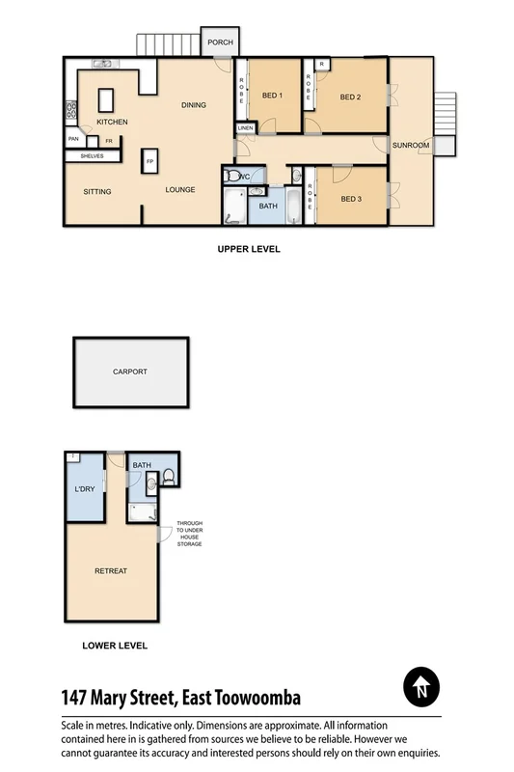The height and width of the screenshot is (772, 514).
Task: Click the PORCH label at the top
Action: [220, 42]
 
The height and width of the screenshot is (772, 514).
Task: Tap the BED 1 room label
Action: [272, 96]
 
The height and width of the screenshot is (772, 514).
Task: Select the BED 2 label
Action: [350, 96]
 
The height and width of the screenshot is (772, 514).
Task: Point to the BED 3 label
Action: [351, 200]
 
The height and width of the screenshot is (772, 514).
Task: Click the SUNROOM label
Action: [410, 145]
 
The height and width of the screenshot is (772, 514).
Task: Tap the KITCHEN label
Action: [113, 123]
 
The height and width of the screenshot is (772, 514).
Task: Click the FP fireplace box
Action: [149, 162]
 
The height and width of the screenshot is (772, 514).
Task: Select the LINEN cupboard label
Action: [245, 128]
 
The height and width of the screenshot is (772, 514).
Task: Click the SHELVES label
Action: [93, 155]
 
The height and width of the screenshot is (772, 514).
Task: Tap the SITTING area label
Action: [97, 191]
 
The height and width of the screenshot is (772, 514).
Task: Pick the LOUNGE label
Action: [179, 190]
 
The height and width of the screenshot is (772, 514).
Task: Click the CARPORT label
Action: [130, 371]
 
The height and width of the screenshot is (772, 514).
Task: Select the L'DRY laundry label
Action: [85, 489]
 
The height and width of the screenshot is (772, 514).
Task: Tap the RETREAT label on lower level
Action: [111, 570]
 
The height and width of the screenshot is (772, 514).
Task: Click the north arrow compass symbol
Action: [420, 688]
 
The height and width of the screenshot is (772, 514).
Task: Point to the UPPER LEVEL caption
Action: [248, 248]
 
